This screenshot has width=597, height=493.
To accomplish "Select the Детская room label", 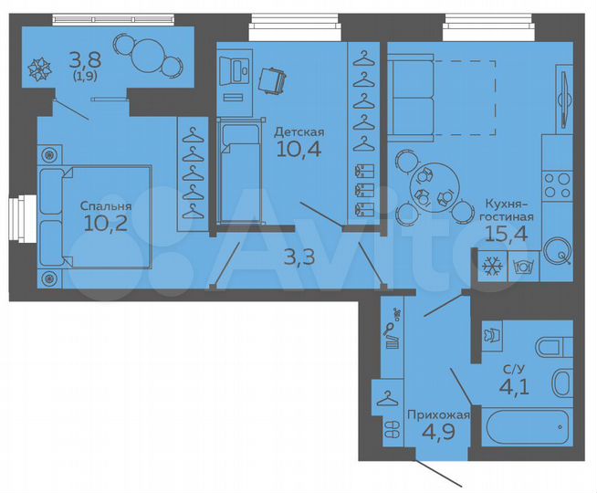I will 299,131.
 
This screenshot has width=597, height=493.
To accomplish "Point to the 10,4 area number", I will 299,151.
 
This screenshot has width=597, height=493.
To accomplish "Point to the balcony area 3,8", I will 85,61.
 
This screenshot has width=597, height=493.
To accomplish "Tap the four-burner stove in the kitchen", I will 557,186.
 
